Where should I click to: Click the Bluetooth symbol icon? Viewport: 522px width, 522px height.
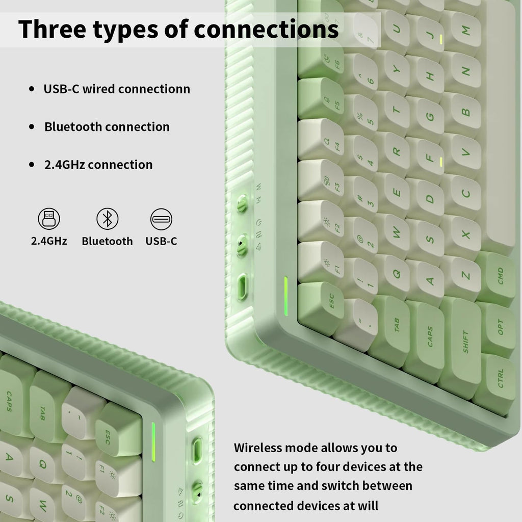[107, 219]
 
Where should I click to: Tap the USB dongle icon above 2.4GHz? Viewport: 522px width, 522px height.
[49, 219]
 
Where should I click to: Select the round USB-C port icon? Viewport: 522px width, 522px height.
[161, 219]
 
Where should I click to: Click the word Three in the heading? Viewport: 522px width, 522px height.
[52, 29]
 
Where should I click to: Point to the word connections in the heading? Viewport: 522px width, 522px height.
[266, 29]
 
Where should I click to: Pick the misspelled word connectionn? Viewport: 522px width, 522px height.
[154, 89]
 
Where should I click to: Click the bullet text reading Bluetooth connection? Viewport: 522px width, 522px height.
[107, 127]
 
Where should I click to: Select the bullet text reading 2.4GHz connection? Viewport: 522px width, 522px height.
[98, 165]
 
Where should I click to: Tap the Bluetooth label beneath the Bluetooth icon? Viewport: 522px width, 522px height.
[107, 241]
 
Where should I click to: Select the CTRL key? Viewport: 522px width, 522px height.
[496, 379]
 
